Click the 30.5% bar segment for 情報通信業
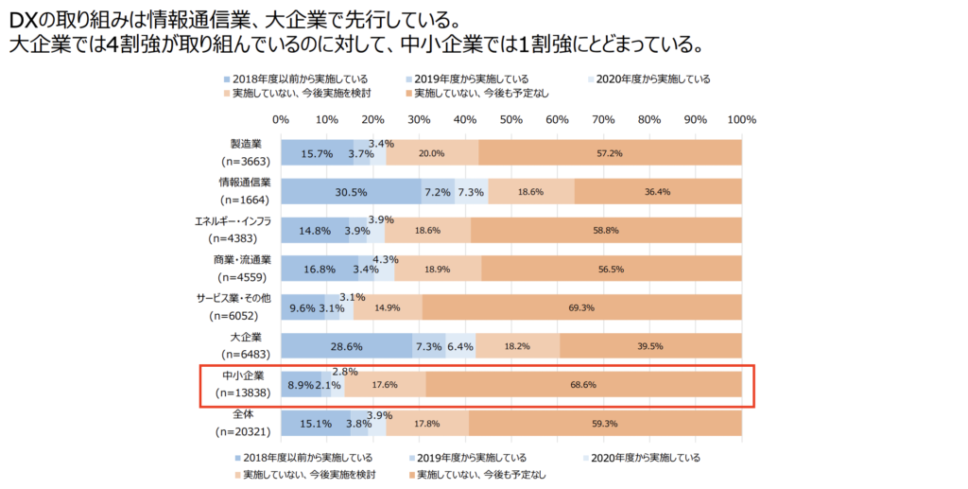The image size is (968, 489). click(351, 192)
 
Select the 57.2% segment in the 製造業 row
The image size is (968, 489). click(609, 153)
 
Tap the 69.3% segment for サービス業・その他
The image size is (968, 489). click(581, 307)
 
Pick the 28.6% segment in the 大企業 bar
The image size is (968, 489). click(346, 346)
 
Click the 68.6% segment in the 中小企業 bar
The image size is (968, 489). click(583, 385)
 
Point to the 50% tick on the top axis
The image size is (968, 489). click(511, 120)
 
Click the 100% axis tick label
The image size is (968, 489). click(742, 120)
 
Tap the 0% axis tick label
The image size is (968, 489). click(281, 120)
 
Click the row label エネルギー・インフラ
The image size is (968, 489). click(233, 221)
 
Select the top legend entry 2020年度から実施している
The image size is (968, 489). click(653, 79)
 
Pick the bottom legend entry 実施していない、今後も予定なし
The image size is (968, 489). click(483, 474)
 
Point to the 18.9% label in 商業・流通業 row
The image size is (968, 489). click(438, 269)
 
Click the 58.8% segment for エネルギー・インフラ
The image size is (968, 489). click(606, 230)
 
